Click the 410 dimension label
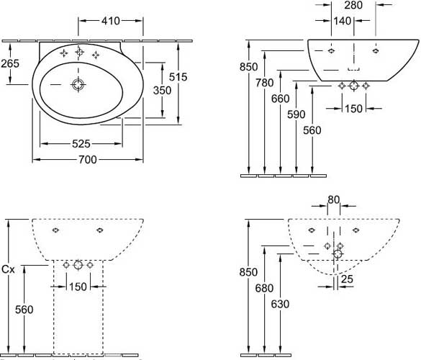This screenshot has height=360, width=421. (110, 21)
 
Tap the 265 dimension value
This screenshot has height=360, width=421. (10, 63)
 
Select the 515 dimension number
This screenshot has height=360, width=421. (178, 77)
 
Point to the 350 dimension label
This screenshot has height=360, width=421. (162, 90)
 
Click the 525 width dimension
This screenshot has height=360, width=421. (81, 144)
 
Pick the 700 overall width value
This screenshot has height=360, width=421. (88, 160)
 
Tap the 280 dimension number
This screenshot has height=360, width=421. (353, 5)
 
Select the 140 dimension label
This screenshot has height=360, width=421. (343, 21)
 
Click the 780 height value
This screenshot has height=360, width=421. (264, 83)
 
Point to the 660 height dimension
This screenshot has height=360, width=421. (281, 99)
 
